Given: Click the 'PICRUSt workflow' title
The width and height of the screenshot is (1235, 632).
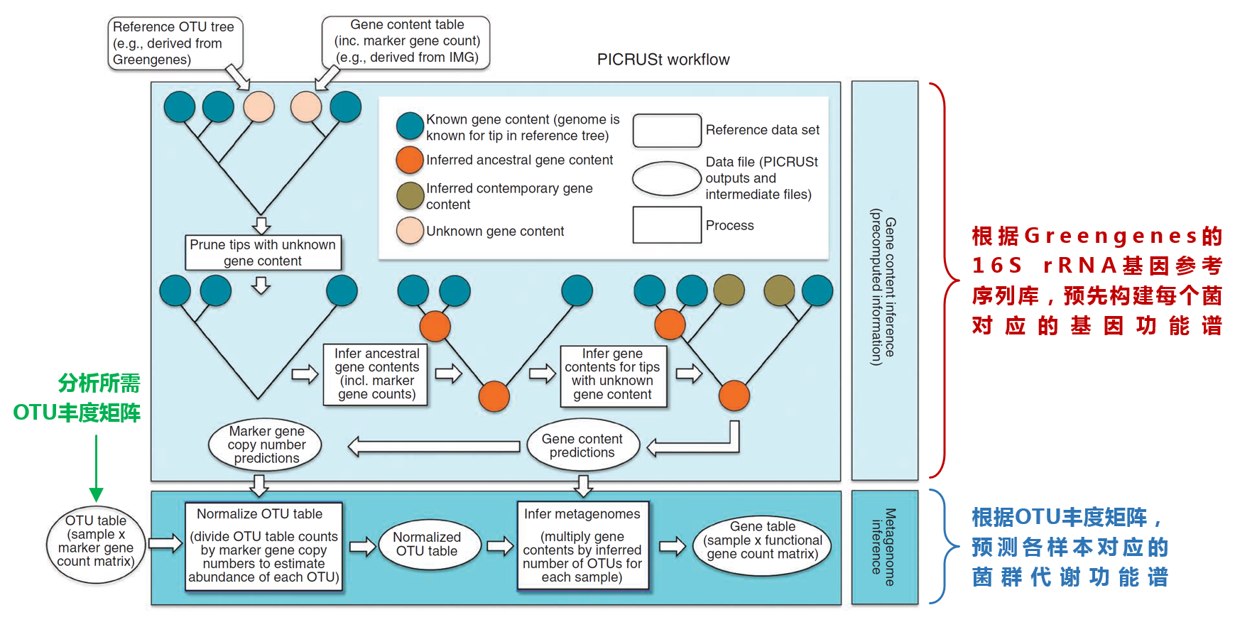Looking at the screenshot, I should [x=663, y=60].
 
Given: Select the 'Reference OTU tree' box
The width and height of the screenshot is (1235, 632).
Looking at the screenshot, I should [x=175, y=43].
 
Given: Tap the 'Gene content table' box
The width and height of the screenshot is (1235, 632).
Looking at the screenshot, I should [x=406, y=42].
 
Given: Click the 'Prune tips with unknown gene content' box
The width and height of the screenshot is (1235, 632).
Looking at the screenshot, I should [x=263, y=253].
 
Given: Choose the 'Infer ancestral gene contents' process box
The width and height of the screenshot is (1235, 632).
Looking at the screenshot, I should [x=376, y=374].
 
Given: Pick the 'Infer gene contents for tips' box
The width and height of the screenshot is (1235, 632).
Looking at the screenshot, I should [x=613, y=375].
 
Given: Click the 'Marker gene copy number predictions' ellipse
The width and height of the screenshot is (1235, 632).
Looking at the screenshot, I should [x=266, y=445].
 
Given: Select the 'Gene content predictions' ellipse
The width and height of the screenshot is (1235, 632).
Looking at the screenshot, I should [x=582, y=445].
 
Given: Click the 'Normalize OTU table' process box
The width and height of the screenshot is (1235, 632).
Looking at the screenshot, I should [x=263, y=546].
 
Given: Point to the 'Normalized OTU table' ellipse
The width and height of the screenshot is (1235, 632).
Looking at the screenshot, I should [x=427, y=544].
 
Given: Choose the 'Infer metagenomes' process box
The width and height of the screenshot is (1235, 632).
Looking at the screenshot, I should [x=582, y=546].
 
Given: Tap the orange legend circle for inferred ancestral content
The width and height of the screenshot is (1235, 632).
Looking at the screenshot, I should [x=410, y=160].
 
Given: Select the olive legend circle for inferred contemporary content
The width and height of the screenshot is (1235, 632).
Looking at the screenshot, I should [x=410, y=195].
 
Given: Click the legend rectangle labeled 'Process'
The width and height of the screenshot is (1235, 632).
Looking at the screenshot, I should [x=667, y=225].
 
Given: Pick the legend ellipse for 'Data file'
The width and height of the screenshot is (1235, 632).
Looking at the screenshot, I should [x=666, y=179].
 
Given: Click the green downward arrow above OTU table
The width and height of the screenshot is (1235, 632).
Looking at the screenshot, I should [x=97, y=469].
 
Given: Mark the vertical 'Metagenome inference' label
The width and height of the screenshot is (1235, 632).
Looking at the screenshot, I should [x=883, y=547].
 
